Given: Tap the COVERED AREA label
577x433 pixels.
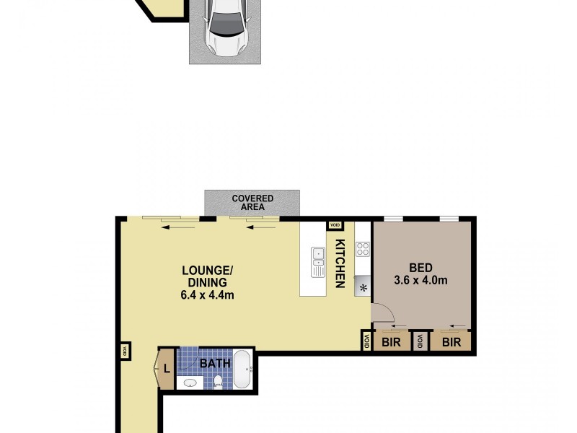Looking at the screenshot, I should tap(252, 203).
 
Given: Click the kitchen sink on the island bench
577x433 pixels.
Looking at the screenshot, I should tap(318, 262).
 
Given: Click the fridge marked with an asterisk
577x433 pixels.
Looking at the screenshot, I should tap(363, 287).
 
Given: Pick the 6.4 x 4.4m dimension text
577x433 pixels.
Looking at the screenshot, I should tap(208, 294).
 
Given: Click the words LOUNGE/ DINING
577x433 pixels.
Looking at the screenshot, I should tap(208, 277).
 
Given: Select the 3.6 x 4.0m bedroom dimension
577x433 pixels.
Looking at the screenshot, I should tap(421, 279).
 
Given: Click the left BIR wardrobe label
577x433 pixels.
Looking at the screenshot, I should tap(392, 342).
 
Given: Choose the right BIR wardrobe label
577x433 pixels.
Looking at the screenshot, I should tap(452, 342).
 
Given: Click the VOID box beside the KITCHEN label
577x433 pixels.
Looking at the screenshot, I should tap(335, 226).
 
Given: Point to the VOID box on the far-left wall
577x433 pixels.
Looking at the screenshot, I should tap(125, 351).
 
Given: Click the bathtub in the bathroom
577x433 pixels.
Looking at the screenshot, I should tap(242, 369).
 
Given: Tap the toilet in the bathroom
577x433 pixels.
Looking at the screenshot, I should tap(219, 382).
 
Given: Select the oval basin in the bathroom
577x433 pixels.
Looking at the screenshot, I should tap(190, 383).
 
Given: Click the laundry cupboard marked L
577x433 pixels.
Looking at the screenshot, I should tap(166, 369).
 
